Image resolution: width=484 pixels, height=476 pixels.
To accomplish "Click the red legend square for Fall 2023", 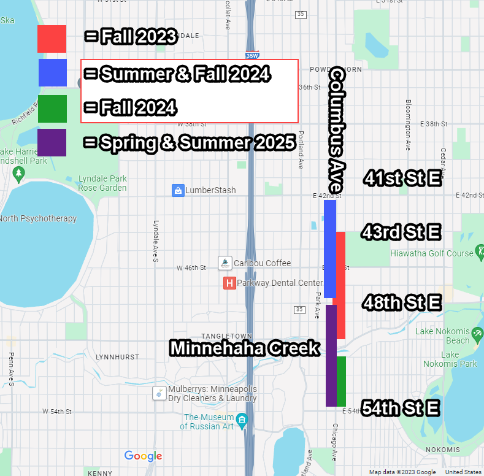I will pos(52,39).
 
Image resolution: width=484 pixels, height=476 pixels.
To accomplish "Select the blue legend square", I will pos(52,72).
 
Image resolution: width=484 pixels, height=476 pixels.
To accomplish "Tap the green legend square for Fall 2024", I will pos(52,109).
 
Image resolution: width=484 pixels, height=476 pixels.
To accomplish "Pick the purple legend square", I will pos(52,142).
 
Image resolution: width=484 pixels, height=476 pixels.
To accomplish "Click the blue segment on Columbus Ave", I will pos(330,248).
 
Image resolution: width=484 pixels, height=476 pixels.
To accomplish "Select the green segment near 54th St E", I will pos(341,381).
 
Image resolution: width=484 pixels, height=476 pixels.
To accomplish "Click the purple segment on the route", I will pos(331,356).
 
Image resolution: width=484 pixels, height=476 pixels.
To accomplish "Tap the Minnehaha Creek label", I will pos(245,348).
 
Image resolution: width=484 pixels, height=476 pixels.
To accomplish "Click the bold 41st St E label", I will pos(402,178).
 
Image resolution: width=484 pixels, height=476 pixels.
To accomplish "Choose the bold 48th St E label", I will pos(402,302).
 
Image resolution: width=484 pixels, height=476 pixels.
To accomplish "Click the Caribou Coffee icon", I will pos(225,263).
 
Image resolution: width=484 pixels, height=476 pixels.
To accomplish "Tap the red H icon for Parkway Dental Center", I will pos(229,283).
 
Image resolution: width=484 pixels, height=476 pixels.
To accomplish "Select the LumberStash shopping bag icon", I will pos(178,190).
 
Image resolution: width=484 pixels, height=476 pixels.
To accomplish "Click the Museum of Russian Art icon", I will pos(243,421).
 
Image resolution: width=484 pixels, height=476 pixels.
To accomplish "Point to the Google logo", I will pos(143,456).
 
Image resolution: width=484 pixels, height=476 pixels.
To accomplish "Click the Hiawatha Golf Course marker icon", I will pos(481,252).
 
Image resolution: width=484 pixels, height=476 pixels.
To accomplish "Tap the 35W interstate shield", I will pos(251,55).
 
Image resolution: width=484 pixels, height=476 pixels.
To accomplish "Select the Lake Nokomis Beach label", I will pos(442,336).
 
